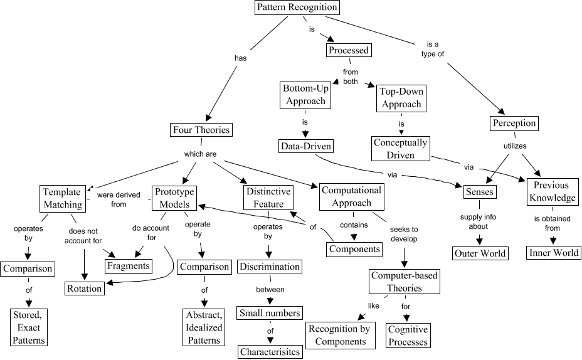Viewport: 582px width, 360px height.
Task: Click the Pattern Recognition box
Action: (x=297, y=8)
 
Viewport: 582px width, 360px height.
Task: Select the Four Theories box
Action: (x=201, y=130)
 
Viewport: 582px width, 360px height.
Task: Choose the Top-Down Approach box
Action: (x=401, y=98)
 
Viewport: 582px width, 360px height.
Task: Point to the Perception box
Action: (x=514, y=123)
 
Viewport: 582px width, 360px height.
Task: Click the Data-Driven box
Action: (x=305, y=147)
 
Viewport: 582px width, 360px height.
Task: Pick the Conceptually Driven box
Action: (x=400, y=149)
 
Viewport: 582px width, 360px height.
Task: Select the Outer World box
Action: (x=480, y=253)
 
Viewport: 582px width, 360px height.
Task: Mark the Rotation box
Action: (x=85, y=288)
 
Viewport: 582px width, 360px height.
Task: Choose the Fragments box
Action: (x=128, y=265)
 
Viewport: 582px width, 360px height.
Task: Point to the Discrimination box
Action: (x=269, y=267)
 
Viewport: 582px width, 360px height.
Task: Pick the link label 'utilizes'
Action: (x=515, y=146)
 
